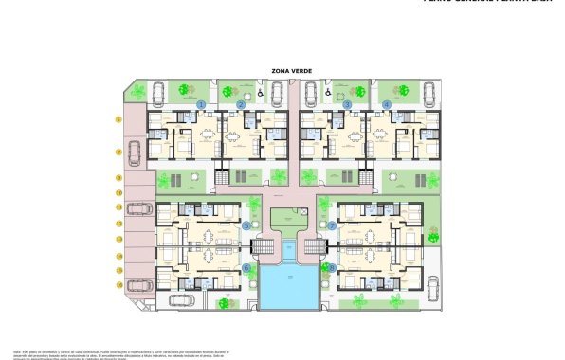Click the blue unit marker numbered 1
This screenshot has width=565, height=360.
click(201, 104)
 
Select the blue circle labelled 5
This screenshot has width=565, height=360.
click(246, 226)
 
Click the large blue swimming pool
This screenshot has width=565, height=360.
click(289, 286)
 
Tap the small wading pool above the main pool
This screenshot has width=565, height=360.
click(288, 248)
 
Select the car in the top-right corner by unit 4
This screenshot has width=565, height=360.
click(428, 93)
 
